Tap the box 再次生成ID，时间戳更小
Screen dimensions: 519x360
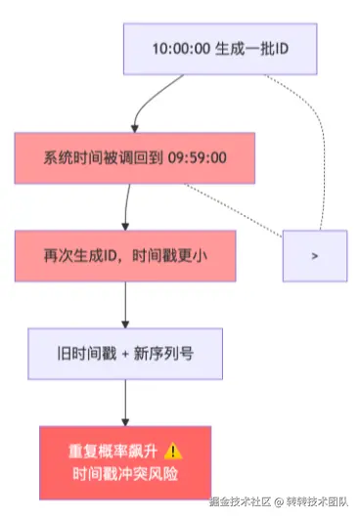pos(124,254)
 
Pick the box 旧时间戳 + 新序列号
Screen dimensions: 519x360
pos(124,353)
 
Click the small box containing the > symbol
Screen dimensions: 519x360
pos(314,254)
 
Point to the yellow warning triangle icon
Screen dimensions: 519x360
pos(174,452)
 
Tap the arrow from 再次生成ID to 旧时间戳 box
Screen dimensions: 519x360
pos(124,303)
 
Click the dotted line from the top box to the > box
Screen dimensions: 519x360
pos(318,147)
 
